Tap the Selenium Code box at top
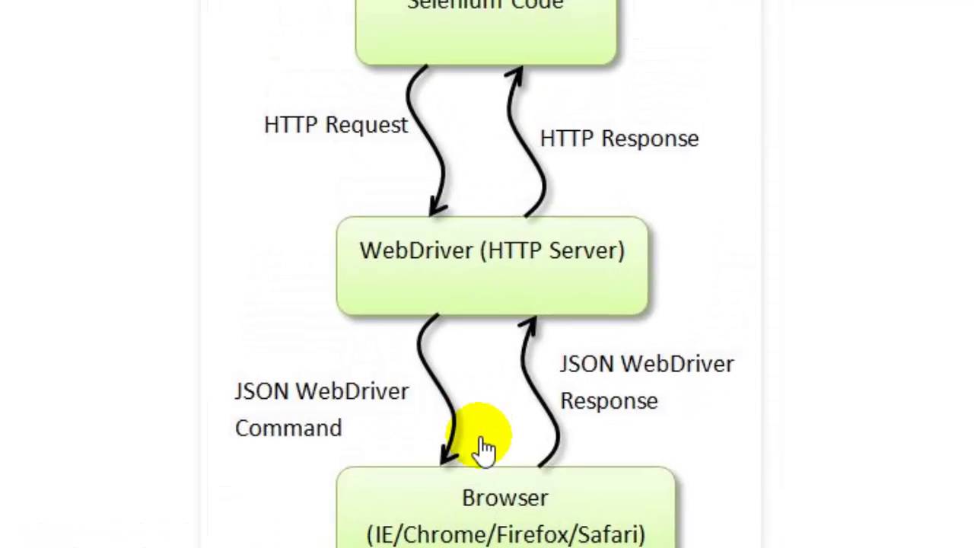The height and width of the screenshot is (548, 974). [485, 34]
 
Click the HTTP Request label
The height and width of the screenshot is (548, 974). [336, 126]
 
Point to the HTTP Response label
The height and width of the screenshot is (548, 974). [619, 139]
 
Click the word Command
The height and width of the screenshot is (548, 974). [288, 429]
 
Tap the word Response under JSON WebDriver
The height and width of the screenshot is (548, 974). [609, 401]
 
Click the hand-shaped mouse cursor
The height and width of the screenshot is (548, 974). [485, 449]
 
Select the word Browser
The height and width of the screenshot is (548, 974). [505, 499]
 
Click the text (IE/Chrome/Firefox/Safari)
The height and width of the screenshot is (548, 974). [505, 535]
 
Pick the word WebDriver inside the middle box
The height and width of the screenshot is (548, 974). [417, 250]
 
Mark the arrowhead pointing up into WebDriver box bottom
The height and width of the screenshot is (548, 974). [529, 326]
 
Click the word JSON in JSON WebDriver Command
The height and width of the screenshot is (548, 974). [262, 391]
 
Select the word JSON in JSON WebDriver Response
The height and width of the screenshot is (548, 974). [586, 365]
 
